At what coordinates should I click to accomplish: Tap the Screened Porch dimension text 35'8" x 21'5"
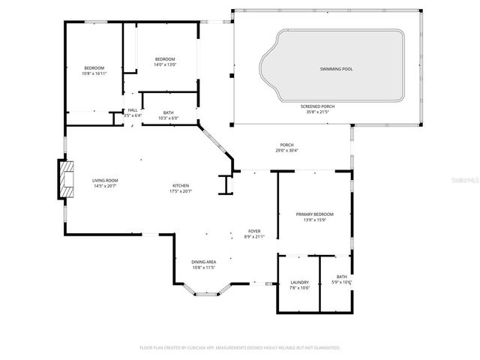click(317, 112)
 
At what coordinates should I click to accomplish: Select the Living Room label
click(105, 180)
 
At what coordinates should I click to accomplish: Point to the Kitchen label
click(181, 185)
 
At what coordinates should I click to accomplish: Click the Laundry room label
click(298, 282)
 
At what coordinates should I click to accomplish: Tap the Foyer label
click(255, 231)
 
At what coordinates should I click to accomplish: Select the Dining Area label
click(203, 262)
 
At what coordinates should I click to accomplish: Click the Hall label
click(133, 110)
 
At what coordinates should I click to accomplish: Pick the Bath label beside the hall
click(169, 112)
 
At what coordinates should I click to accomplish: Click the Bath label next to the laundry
click(341, 277)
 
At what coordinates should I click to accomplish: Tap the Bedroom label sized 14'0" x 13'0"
click(165, 59)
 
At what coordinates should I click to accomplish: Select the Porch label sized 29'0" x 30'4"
click(286, 145)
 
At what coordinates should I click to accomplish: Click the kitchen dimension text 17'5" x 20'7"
click(181, 191)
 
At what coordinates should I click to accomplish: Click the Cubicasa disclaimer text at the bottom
click(240, 348)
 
